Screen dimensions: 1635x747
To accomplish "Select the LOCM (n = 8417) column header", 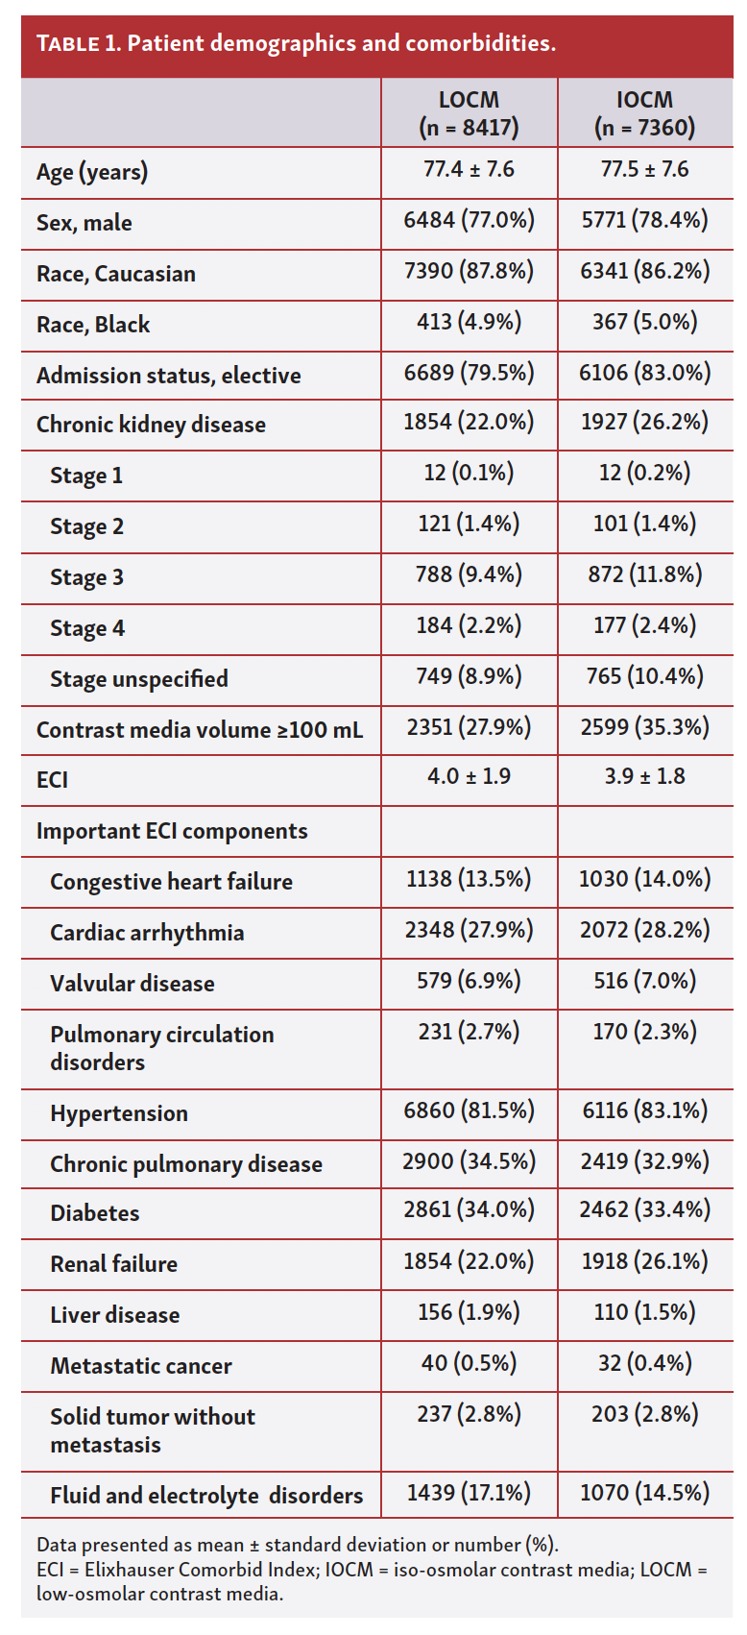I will (469, 113).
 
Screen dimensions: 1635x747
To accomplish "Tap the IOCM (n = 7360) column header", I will (644, 113).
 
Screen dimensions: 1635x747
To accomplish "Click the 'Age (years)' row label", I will (92, 172).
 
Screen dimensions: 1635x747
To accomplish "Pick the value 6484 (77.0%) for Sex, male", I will (469, 220).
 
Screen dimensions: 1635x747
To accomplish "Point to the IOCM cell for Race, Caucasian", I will (644, 271).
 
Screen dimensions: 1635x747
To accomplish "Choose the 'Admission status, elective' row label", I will (168, 376).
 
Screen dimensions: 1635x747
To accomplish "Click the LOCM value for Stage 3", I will (469, 574).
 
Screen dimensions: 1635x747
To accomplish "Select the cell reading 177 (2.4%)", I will (644, 625).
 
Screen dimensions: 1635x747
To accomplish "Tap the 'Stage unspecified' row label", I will (138, 679).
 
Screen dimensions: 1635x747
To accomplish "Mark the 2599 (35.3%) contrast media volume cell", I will (644, 727).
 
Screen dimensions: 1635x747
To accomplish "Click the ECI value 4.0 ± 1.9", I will (469, 776).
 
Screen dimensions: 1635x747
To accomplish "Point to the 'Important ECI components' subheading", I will (172, 831).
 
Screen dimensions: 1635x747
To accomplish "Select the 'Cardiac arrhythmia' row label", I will (147, 933).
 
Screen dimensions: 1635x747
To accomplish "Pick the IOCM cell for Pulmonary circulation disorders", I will (644, 1032).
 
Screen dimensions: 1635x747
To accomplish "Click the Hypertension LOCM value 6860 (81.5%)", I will (469, 1110).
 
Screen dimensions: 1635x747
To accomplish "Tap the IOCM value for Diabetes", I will (644, 1209).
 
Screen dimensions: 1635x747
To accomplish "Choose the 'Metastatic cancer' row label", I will (140, 1366).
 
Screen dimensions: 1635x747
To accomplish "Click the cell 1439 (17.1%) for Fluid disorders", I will (469, 1493).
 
